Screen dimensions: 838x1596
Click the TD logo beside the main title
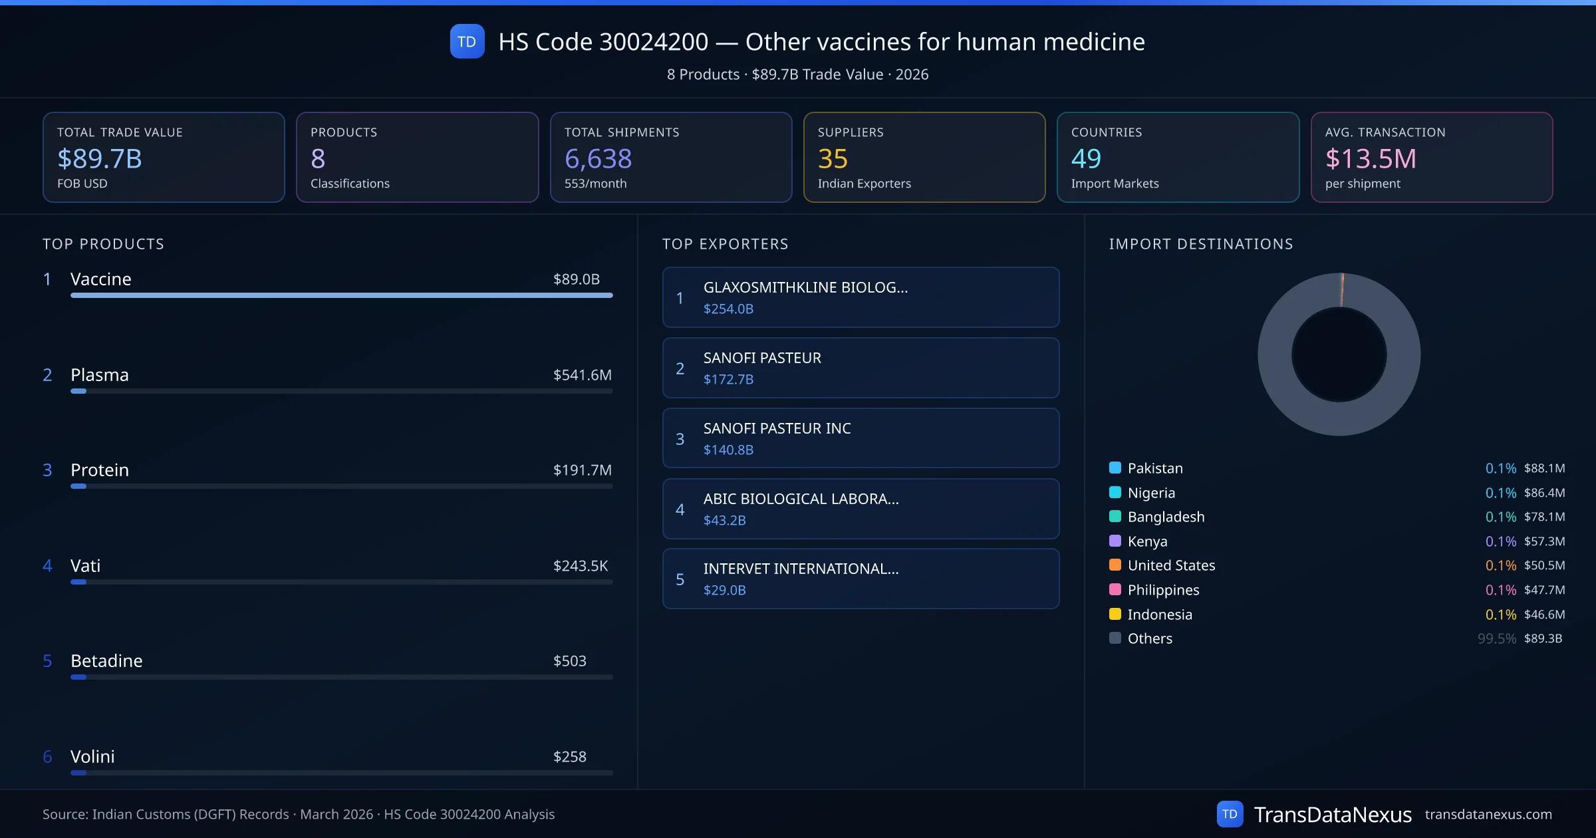[467, 42]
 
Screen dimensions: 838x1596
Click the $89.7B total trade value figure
[100, 159]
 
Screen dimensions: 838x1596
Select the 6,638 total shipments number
[598, 159]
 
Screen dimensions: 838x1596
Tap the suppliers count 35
[833, 159]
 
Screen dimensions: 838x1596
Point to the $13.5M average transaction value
[1371, 159]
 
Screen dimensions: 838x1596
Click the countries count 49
[1086, 159]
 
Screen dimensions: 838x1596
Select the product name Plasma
[100, 374]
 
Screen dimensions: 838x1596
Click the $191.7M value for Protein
[582, 470]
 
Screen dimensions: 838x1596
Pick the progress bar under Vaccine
[341, 295]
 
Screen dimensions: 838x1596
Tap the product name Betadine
[106, 661]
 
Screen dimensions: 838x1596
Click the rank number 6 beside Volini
[47, 757]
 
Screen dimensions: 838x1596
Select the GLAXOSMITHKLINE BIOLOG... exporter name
[805, 287]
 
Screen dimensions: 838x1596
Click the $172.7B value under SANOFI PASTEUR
[728, 379]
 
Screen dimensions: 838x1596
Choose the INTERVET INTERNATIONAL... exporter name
[801, 569]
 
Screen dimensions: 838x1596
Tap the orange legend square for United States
[1115, 565]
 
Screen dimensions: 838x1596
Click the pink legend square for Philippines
[1115, 589]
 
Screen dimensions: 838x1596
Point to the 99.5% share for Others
[1496, 638]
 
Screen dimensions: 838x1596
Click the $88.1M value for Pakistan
[1544, 468]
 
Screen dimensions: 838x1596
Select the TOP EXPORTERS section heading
[725, 244]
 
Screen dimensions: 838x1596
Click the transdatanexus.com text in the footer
[1488, 814]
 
